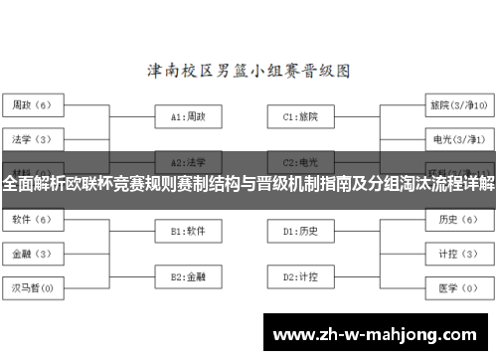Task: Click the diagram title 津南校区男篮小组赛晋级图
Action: click(248, 72)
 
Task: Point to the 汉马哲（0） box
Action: click(33, 288)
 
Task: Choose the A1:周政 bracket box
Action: click(188, 116)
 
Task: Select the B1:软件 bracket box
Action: click(188, 231)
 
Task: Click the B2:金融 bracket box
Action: click(188, 276)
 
